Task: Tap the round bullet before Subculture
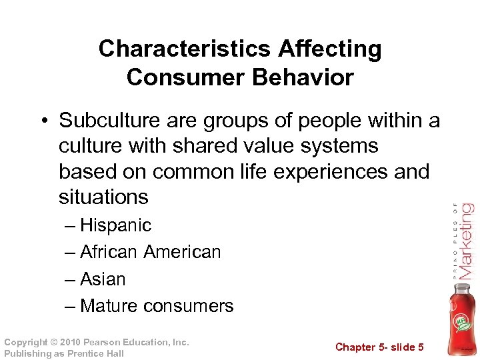click(x=45, y=121)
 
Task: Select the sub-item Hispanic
click(x=115, y=225)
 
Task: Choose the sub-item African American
click(x=150, y=252)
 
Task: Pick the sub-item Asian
click(x=103, y=279)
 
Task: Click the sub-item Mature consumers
click(x=157, y=306)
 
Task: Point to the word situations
click(x=103, y=197)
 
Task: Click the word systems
click(x=343, y=146)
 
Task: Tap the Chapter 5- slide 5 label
click(x=379, y=347)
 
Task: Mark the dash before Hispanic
click(x=70, y=225)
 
